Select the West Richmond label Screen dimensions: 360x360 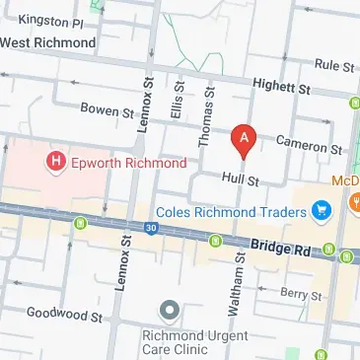coord(48,42)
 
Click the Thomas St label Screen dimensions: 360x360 coord(208,115)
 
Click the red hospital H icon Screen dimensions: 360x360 coord(56,159)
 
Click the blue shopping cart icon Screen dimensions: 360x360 coord(320,209)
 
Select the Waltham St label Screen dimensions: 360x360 coord(238,296)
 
